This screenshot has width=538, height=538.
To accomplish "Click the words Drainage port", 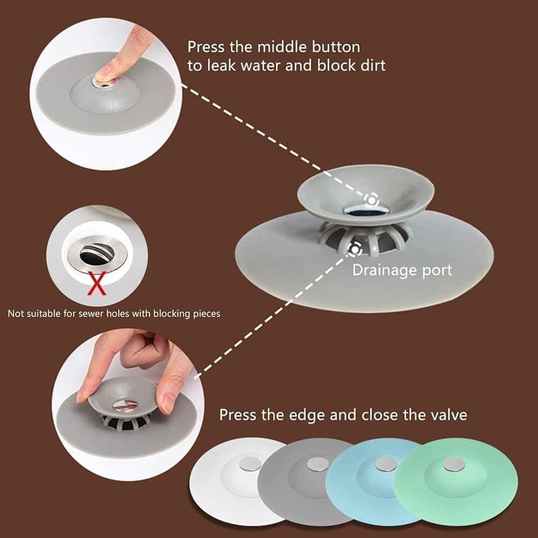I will pos(402,270).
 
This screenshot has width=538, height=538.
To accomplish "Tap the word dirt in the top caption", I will pos(371,65).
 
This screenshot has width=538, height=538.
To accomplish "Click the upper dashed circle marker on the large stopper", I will pos(371,200).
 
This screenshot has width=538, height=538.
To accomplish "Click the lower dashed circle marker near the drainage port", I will pos(354,248).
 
